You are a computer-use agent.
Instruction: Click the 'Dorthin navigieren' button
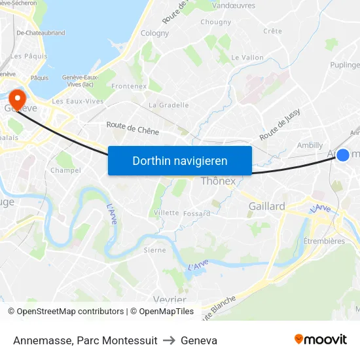tap(180, 160)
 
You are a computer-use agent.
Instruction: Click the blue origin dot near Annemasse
tap(342, 154)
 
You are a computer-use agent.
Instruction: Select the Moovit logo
tap(321, 340)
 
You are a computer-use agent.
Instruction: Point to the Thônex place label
tap(218, 181)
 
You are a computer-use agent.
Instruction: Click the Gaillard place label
tap(266, 206)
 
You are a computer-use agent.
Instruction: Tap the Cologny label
tap(154, 33)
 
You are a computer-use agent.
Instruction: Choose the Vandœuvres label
tap(234, 5)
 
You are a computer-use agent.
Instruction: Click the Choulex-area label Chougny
tap(215, 22)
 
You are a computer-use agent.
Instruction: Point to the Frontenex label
tap(129, 86)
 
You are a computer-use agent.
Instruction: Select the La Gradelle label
tap(169, 105)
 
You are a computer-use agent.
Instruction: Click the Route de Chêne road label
tap(133, 130)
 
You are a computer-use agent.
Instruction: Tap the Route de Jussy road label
tap(283, 127)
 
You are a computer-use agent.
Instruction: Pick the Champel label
tap(65, 170)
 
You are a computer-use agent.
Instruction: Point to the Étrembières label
tap(324, 241)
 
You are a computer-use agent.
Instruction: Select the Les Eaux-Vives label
tap(78, 101)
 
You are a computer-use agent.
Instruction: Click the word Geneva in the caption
tap(199, 340)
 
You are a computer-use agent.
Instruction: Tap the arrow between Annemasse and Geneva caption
tap(169, 340)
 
